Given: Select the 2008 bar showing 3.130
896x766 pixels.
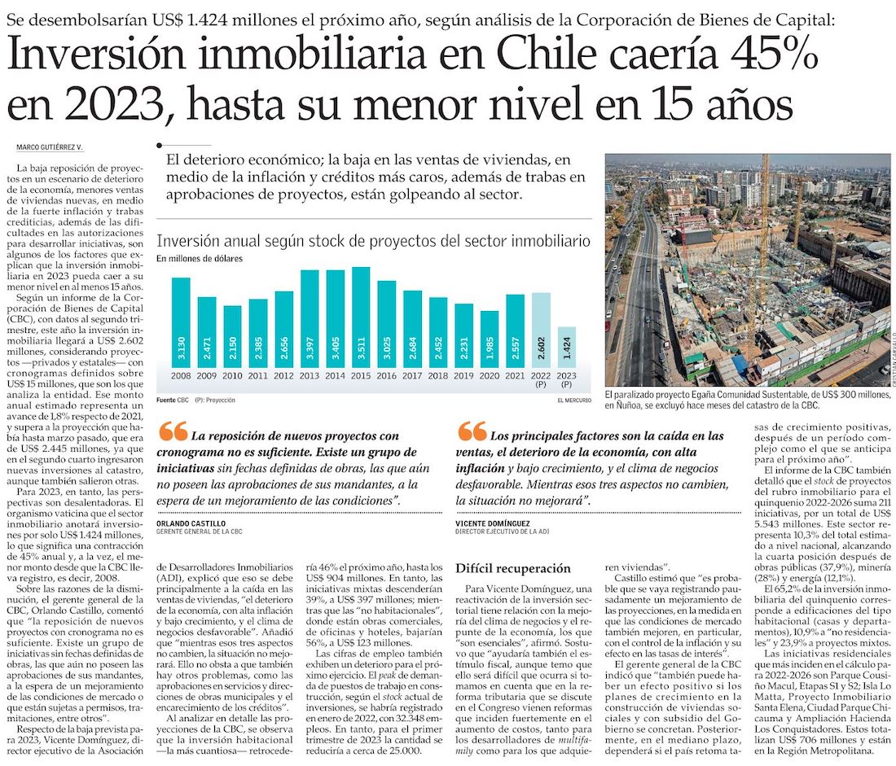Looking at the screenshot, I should [x=181, y=322].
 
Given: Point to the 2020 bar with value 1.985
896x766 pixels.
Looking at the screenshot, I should [x=489, y=339].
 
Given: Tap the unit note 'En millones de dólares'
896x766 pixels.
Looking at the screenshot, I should [x=200, y=259].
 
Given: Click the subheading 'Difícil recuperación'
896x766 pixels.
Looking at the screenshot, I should [x=513, y=568].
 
